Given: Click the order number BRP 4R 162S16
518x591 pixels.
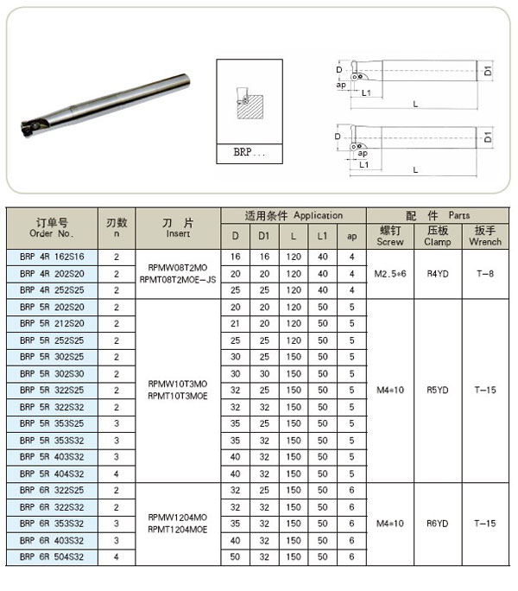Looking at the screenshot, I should [52, 257].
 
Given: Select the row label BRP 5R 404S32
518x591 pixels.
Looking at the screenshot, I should [52, 473].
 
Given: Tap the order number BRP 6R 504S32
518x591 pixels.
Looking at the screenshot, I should [52, 556].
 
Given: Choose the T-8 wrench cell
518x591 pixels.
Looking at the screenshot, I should [485, 274].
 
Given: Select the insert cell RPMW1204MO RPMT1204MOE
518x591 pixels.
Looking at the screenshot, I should [178, 524].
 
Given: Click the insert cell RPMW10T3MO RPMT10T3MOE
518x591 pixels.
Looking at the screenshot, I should [178, 390].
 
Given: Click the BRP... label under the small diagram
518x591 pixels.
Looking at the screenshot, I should [249, 152].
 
